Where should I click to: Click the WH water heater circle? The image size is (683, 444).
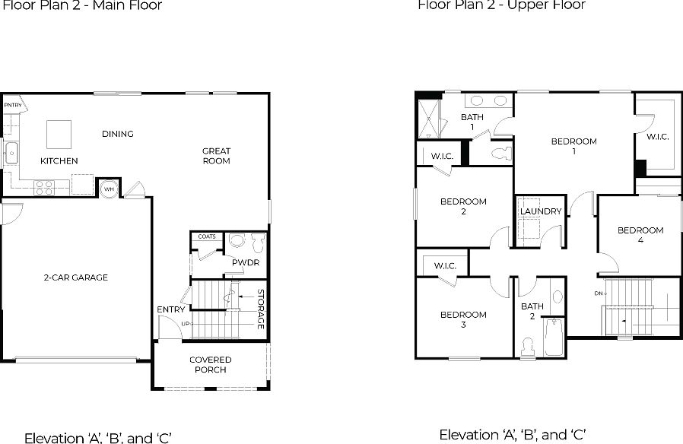tap(109, 188)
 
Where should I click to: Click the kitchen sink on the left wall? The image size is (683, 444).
tap(11, 154)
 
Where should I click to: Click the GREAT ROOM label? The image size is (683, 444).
tap(216, 156)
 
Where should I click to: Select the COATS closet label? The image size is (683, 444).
tap(207, 236)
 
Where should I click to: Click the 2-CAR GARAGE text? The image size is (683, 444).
tap(75, 277)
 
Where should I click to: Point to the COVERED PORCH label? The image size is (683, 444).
tap(211, 365)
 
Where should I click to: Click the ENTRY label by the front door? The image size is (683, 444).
tap(170, 309)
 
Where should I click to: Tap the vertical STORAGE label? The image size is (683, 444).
tap(260, 309)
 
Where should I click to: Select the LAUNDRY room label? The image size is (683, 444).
tap(541, 211)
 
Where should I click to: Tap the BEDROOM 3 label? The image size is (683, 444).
tap(463, 319)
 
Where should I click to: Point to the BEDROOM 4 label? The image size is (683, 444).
tap(640, 235)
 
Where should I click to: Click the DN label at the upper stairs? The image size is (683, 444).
tap(599, 293)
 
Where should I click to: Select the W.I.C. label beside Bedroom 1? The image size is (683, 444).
tap(657, 138)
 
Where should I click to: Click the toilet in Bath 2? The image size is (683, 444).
tap(528, 347)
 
